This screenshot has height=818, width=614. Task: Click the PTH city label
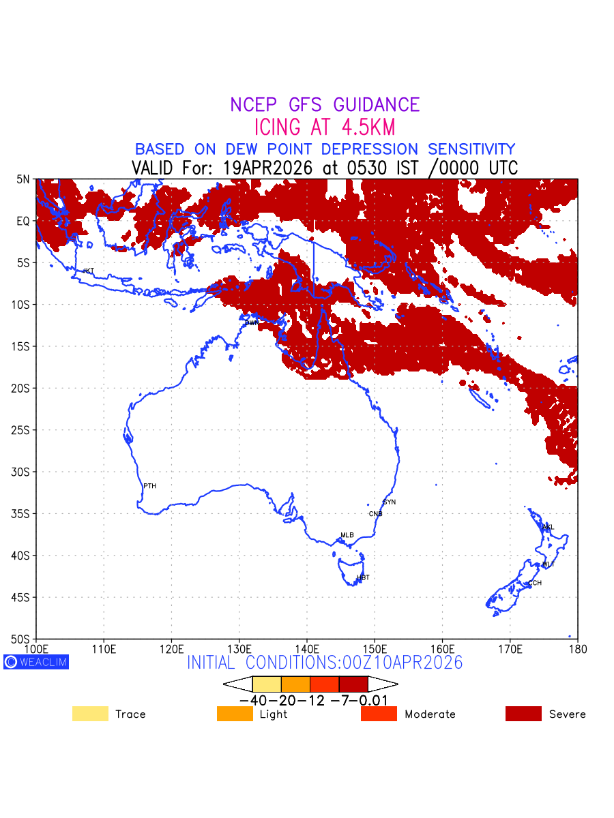point(149,486)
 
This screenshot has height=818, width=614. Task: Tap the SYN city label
point(389,502)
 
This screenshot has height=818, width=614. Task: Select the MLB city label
point(347,535)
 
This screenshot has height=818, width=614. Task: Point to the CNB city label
point(375,514)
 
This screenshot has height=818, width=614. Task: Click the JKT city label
point(88,271)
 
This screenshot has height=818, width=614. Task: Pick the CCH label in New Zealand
point(535,584)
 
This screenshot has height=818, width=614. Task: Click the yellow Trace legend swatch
point(90,714)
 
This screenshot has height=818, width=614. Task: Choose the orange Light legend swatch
point(235,714)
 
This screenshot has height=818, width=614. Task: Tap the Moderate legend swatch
point(379,714)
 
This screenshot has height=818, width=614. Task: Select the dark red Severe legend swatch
point(523,714)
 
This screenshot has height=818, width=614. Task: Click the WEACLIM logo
point(36,662)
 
